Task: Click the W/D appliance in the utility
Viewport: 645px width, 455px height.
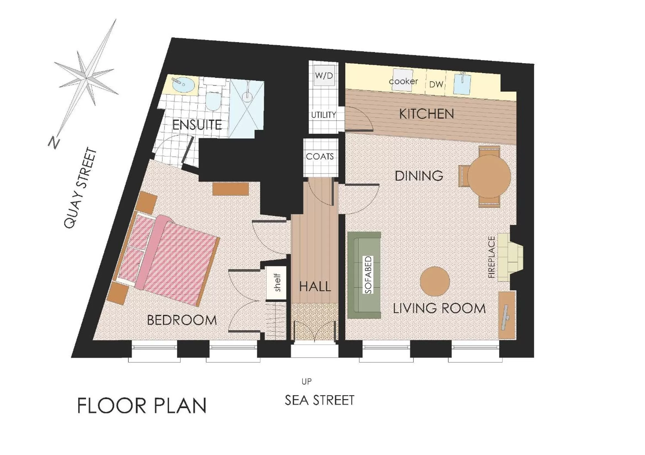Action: point(324,75)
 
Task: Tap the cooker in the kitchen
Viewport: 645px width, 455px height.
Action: point(403,81)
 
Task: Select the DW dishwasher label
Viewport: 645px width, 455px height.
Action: point(436,84)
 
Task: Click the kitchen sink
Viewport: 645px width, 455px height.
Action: point(462,83)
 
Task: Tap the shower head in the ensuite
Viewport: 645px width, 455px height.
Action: point(247,94)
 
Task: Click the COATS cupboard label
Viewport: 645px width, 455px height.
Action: point(320,156)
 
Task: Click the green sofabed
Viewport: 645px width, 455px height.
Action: point(364,275)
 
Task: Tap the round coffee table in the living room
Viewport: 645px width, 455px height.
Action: point(435,281)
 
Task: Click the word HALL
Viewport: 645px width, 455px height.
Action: point(315,287)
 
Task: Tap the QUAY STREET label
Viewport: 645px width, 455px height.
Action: point(80,188)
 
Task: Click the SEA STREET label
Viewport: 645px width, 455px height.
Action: point(319,400)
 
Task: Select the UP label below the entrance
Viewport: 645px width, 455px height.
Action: point(306,381)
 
